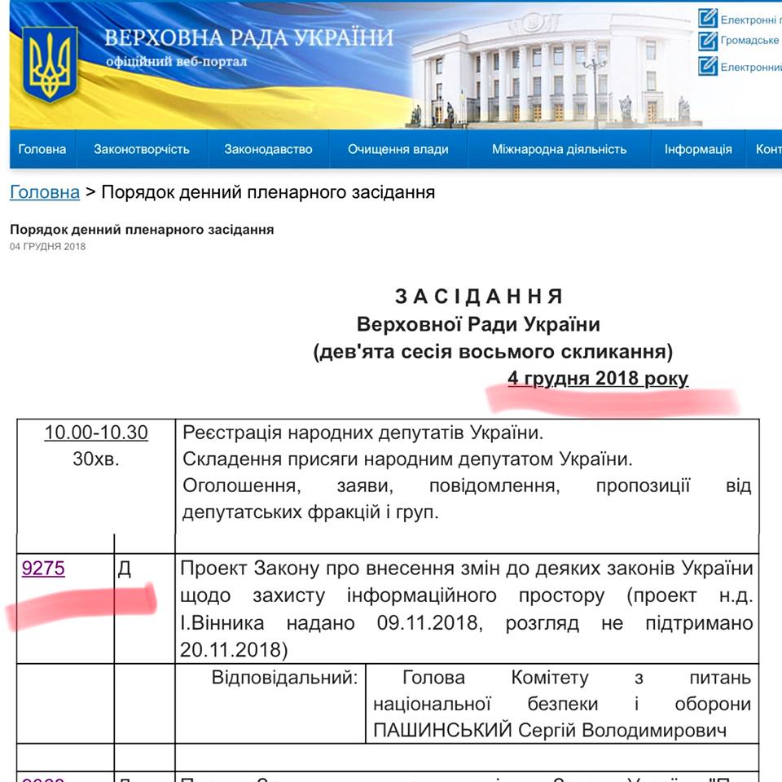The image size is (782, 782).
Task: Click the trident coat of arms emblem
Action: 50,64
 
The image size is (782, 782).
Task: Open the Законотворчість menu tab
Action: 142,149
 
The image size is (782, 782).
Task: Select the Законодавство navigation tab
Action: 269,149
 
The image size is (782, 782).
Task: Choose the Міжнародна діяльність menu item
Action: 560,149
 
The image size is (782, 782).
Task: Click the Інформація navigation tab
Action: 698,149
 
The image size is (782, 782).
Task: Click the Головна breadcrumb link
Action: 45,192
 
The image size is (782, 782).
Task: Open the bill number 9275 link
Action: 43,569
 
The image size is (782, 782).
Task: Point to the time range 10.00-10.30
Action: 96,432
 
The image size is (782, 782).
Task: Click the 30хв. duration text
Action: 96,459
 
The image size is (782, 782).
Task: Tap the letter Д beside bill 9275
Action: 125,569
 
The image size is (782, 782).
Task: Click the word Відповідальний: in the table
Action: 284,677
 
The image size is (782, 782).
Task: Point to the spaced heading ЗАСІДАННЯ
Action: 479,296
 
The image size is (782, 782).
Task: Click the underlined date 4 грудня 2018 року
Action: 598,378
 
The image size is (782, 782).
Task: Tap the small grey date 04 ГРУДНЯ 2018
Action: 47,247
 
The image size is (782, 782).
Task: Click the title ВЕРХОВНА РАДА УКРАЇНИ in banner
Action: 248,37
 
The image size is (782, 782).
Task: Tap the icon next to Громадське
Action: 707,40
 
